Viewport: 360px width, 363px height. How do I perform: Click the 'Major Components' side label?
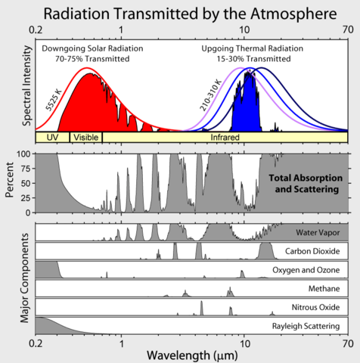click(8, 278)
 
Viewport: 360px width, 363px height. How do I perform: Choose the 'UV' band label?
click(52, 138)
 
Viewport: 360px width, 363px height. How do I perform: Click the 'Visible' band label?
click(85, 138)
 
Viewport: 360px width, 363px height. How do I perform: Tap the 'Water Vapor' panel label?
click(316, 232)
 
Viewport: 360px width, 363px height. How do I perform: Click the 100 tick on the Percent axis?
click(25, 154)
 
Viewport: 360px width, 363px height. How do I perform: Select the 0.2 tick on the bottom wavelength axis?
click(36, 343)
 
